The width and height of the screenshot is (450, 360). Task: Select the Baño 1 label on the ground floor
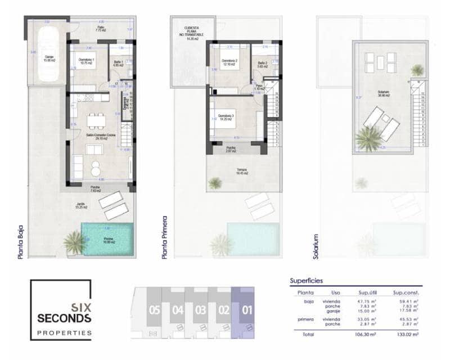118,63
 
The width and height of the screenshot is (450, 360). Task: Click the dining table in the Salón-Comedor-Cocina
95,120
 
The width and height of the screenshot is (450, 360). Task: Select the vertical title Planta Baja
21,239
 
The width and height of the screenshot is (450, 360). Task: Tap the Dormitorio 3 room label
227,118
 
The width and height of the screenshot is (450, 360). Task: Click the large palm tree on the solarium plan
369,138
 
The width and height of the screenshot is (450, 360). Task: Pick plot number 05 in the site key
155,309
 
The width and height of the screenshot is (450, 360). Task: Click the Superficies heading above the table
307,280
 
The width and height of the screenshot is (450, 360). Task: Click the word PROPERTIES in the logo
64,332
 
